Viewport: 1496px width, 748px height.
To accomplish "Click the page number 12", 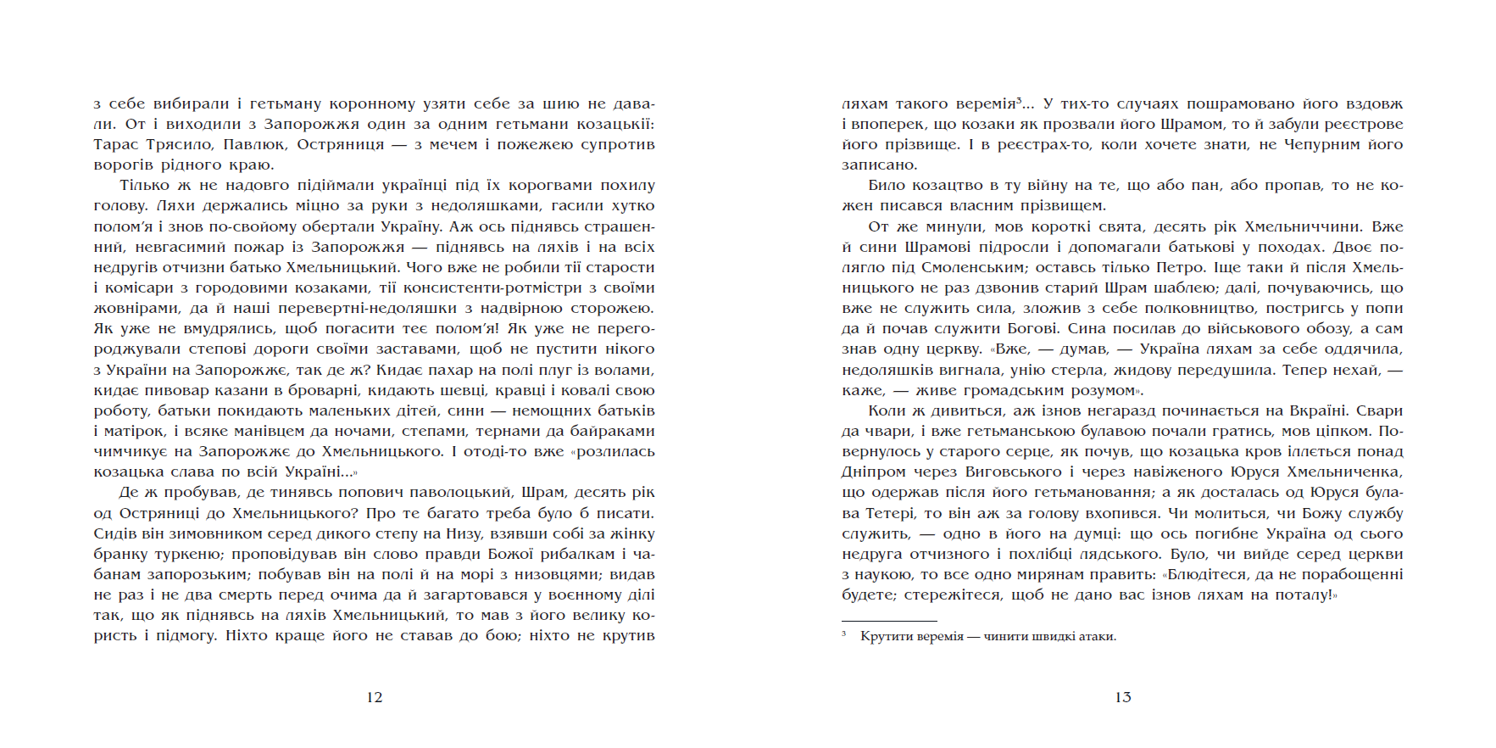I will tap(375, 697).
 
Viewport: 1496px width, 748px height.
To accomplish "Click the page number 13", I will tap(1123, 697).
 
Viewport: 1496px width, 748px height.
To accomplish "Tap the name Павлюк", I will tap(253, 144).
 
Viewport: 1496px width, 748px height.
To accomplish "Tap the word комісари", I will tap(139, 287).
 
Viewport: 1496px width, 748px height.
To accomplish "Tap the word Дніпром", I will tap(873, 472).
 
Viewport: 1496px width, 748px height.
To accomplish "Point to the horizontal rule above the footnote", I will tap(889, 622).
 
